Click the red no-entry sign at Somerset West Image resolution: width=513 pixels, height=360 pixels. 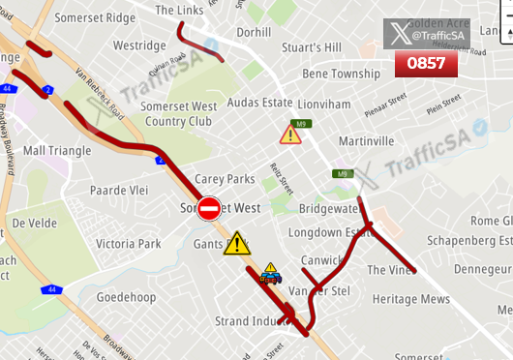click(x=209, y=207)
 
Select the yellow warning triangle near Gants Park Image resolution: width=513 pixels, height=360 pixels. click(x=237, y=243)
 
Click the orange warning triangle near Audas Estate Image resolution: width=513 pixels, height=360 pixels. click(x=290, y=134)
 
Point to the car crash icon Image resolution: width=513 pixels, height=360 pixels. click(x=271, y=274)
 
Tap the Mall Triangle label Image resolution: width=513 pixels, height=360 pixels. click(x=57, y=151)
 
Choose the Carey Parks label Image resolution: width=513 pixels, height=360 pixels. click(x=225, y=179)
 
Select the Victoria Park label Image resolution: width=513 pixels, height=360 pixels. click(x=129, y=244)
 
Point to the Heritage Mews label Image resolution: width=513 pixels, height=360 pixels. click(x=411, y=299)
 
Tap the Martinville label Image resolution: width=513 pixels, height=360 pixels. click(x=367, y=141)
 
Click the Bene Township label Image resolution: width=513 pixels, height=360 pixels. click(x=342, y=74)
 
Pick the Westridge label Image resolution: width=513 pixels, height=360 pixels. click(x=140, y=45)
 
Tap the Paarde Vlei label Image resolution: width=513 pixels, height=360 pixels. click(x=119, y=191)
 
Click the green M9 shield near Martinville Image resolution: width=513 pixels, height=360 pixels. click(x=341, y=174)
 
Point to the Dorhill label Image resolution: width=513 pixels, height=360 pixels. click(x=254, y=32)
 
